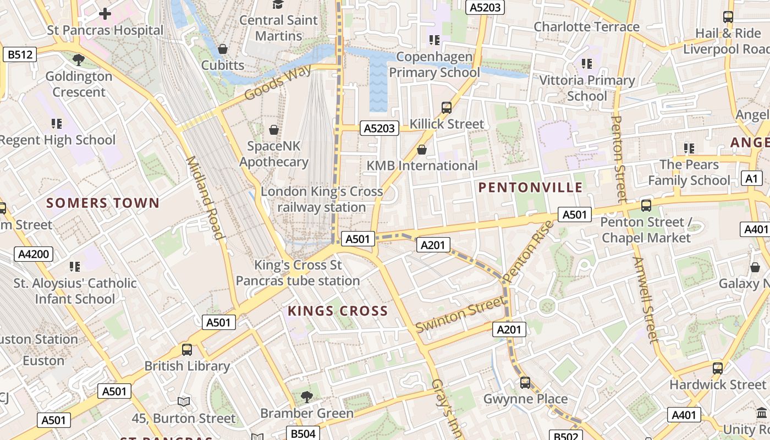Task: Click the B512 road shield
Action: [x=20, y=54]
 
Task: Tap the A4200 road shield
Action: [x=34, y=254]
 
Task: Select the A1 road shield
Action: [x=752, y=178]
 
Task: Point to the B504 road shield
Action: [x=302, y=433]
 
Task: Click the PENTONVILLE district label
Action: [x=530, y=188]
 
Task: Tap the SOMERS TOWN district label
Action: [x=103, y=203]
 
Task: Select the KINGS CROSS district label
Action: [x=338, y=311]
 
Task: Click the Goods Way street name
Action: [x=278, y=82]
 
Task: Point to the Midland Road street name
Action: [x=205, y=198]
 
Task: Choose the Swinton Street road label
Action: [x=460, y=315]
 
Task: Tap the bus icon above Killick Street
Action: [x=447, y=108]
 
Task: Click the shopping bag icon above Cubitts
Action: [x=223, y=49]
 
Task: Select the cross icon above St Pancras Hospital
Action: [x=105, y=14]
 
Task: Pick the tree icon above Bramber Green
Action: [x=307, y=397]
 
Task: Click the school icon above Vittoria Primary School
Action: [x=587, y=64]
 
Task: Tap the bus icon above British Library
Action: [x=187, y=350]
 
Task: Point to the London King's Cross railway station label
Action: [x=322, y=200]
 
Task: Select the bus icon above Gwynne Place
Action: [x=525, y=382]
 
